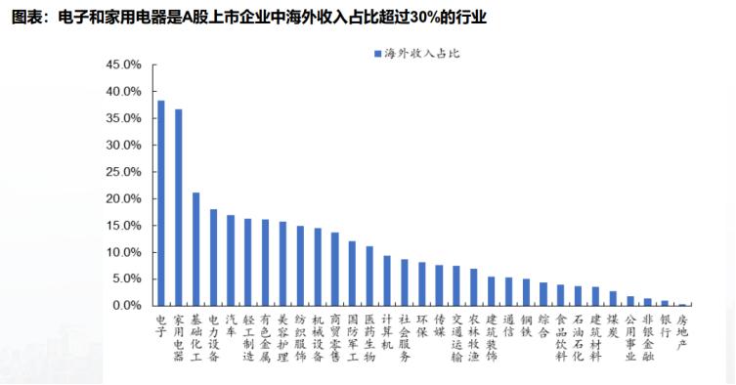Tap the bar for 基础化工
(x=196, y=249)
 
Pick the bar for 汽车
(x=231, y=260)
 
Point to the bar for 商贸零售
(x=335, y=269)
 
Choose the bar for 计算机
(x=387, y=280)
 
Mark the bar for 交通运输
(x=456, y=285)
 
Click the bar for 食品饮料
(x=560, y=295)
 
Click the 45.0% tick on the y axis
(x=124, y=64)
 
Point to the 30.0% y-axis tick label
(x=124, y=145)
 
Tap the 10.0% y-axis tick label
(x=124, y=252)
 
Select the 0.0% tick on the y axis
(x=127, y=306)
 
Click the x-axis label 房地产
(x=681, y=331)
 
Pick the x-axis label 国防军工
(x=352, y=336)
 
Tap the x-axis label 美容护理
(x=282, y=336)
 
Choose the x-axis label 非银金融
(x=647, y=336)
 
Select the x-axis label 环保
(x=421, y=325)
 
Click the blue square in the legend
(x=376, y=50)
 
